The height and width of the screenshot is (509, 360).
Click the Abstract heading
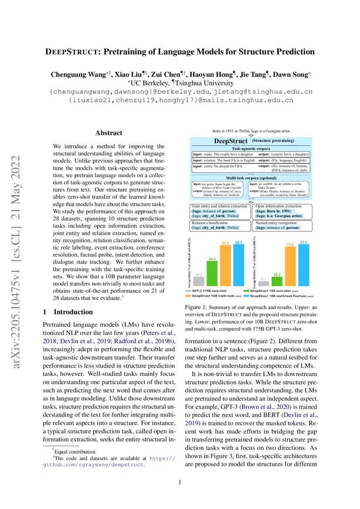109,133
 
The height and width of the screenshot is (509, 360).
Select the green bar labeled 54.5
212,274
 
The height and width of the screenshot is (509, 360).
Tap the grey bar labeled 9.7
264,283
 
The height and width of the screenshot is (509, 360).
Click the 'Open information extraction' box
282,211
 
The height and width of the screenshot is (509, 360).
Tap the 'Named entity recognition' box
282,225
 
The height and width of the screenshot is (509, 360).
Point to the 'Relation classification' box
220,225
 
